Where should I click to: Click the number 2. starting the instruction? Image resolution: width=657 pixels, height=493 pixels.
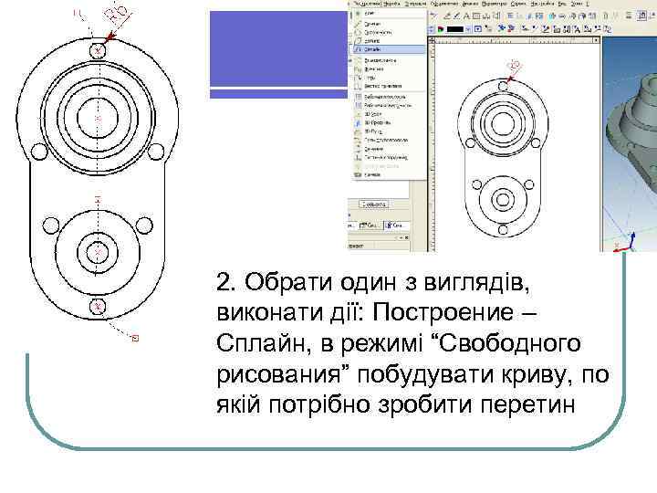pyautogui.click(x=228, y=279)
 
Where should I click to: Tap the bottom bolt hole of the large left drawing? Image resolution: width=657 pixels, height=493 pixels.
pyautogui.click(x=99, y=306)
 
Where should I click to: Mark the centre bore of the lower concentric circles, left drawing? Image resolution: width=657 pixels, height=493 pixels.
pyautogui.click(x=99, y=250)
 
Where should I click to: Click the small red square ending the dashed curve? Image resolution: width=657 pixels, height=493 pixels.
pyautogui.click(x=135, y=339)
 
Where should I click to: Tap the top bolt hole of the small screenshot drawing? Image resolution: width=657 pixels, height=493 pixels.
pyautogui.click(x=499, y=82)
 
